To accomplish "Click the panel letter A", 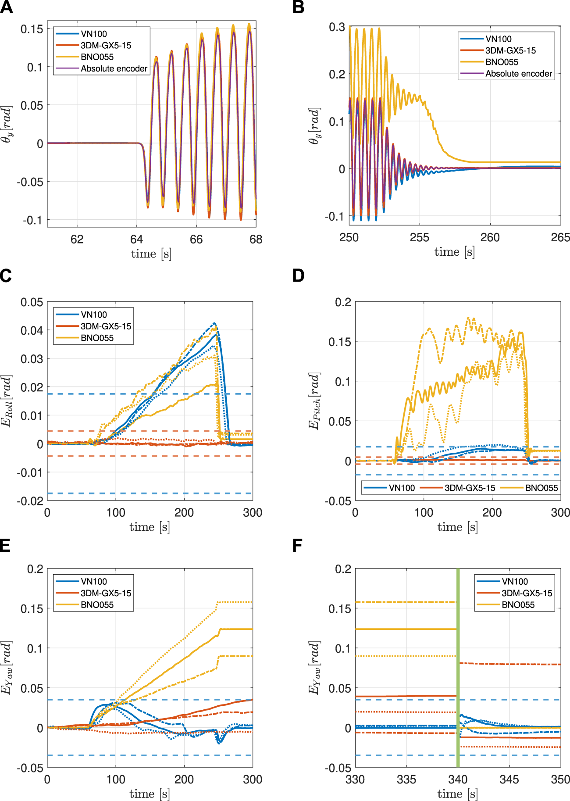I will click(x=6, y=7).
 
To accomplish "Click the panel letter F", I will click(x=297, y=546).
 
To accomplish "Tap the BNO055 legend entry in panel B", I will click(x=502, y=62).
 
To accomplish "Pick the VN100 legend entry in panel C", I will click(x=94, y=315).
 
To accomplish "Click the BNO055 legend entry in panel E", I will click(x=97, y=604).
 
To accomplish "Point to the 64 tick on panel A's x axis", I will click(x=136, y=239).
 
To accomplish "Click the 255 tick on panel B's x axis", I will click(x=419, y=237).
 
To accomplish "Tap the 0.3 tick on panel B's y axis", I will click(x=337, y=27).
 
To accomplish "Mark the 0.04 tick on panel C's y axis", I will click(x=32, y=330).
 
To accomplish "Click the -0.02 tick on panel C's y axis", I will click(x=30, y=501).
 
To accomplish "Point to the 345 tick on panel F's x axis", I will click(x=509, y=780).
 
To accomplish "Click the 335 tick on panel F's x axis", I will click(x=406, y=780).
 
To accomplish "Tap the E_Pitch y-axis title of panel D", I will click(x=314, y=400).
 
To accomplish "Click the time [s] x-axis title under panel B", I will click(x=454, y=252).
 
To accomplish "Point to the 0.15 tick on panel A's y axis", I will click(x=32, y=29).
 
